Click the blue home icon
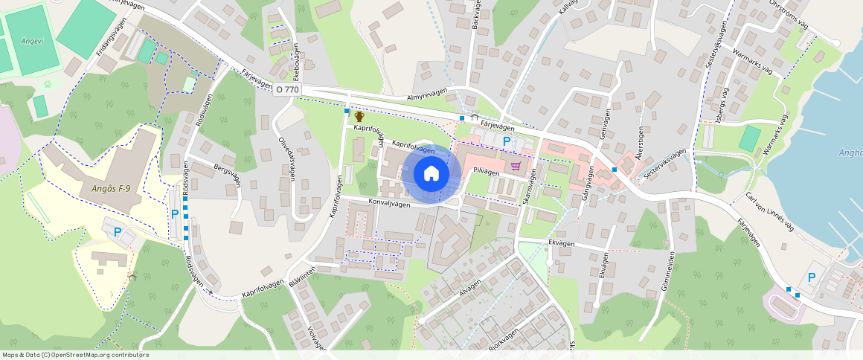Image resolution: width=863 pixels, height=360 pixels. pyautogui.click(x=431, y=174)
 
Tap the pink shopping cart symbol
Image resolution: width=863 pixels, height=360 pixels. pyautogui.click(x=515, y=165)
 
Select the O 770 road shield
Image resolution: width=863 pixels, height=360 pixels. pyautogui.click(x=287, y=89)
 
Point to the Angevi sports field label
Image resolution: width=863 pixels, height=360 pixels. pyautogui.click(x=31, y=41)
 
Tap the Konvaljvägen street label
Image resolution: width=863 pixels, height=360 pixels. pyautogui.click(x=389, y=202)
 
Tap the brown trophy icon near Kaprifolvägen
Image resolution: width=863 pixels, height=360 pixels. pyautogui.click(x=359, y=116)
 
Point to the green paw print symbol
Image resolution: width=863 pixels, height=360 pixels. pyautogui.click(x=48, y=84)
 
